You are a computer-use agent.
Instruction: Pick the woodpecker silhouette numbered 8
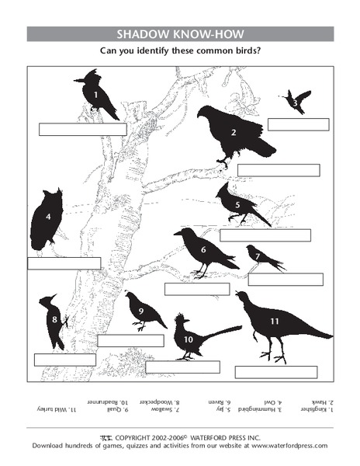click(54, 320)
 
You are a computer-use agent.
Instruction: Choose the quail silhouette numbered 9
click(143, 311)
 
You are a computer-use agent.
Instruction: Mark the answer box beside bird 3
click(298, 124)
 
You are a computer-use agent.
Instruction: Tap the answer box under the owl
click(64, 263)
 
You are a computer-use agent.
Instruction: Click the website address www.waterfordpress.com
click(289, 446)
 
